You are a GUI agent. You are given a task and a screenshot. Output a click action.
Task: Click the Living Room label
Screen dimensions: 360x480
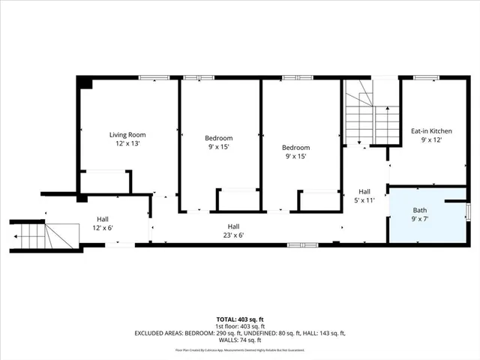(127, 135)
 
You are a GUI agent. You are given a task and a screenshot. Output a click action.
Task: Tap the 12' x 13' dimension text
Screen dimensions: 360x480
(127, 143)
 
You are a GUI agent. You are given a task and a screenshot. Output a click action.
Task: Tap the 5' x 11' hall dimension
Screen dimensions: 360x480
(364, 200)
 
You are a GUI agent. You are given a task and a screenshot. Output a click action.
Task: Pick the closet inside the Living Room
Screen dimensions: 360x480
(106, 182)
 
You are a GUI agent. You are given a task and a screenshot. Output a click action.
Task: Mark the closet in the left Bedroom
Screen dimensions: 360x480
(238, 199)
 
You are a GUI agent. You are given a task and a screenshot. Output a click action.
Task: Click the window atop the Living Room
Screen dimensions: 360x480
(152, 77)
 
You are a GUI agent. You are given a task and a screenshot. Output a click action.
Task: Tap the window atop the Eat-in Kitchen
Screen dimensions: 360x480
(426, 77)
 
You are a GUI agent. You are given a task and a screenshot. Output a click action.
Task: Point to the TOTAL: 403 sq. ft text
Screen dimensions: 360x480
(239, 319)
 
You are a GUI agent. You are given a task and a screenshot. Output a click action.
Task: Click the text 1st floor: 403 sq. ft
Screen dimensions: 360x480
(239, 325)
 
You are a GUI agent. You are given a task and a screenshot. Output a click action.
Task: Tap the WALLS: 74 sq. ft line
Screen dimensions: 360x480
(239, 339)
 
